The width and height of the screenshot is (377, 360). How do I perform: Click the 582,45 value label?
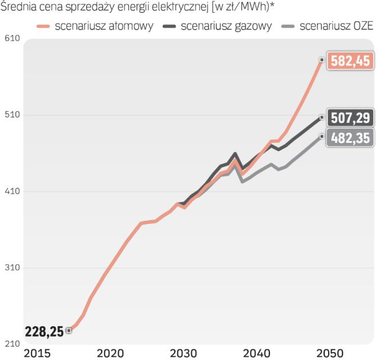click(x=350, y=61)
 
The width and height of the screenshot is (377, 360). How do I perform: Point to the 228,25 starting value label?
click(x=44, y=331)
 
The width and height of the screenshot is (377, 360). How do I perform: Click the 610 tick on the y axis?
click(x=11, y=38)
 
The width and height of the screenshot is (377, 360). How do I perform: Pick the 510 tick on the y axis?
click(x=11, y=115)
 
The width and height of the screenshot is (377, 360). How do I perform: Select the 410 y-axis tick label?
click(x=11, y=191)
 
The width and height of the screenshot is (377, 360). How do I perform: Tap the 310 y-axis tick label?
click(x=11, y=268)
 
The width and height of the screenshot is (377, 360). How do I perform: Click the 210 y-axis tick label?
click(x=11, y=344)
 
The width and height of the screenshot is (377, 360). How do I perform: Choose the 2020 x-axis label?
click(x=110, y=353)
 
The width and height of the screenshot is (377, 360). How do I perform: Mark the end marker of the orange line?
click(x=321, y=60)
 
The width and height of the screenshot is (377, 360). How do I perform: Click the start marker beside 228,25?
click(x=69, y=330)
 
